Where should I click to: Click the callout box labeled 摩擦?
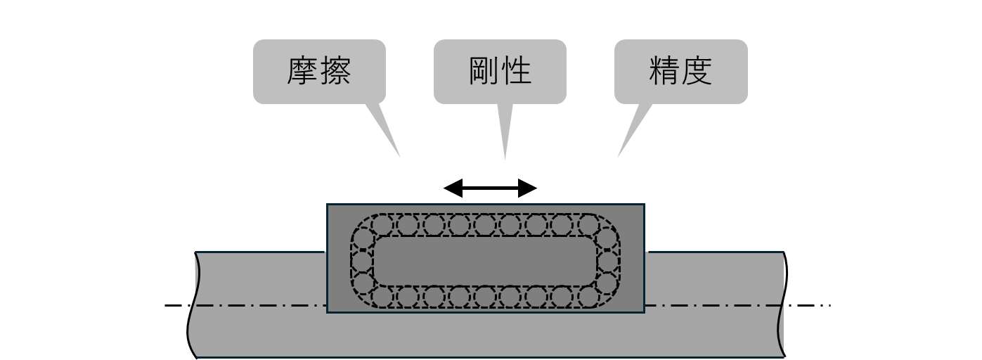pos(319,72)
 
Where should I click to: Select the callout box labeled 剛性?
pos(500,72)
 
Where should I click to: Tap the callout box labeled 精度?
pos(680,72)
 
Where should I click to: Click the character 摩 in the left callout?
pos(303,71)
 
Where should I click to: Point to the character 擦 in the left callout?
pos(335,71)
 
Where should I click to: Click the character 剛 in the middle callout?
pos(484,71)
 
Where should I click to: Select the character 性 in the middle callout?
pos(516,71)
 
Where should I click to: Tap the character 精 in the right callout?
pos(664,71)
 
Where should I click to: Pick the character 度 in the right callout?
pos(697,71)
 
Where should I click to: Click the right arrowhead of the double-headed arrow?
pos(528,188)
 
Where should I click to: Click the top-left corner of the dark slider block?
pos(328,205)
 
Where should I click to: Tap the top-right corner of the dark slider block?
pos(643,205)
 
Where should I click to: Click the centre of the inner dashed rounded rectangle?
pos(485,261)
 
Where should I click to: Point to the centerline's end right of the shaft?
pos(829,305)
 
